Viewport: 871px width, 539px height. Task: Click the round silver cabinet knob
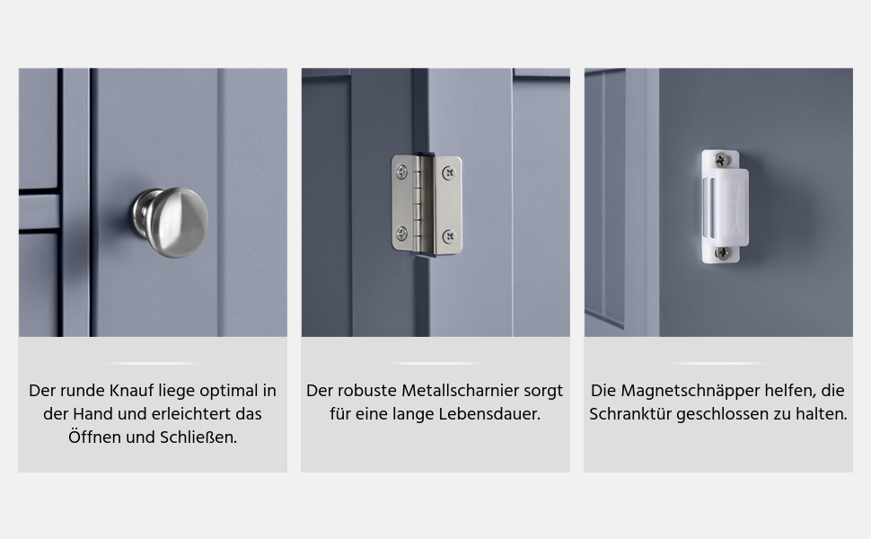click(171, 222)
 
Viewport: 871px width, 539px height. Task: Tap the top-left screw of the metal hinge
click(401, 172)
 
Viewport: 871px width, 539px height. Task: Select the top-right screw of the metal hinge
click(449, 174)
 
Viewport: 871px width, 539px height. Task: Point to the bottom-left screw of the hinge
click(401, 233)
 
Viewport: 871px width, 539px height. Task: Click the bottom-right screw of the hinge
click(449, 237)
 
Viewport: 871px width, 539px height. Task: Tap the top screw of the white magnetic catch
click(722, 160)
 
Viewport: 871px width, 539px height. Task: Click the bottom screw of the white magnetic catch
click(722, 253)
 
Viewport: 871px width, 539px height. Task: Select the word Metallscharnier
click(460, 391)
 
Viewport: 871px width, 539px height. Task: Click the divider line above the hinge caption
click(435, 364)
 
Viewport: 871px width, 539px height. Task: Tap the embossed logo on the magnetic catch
click(735, 207)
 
